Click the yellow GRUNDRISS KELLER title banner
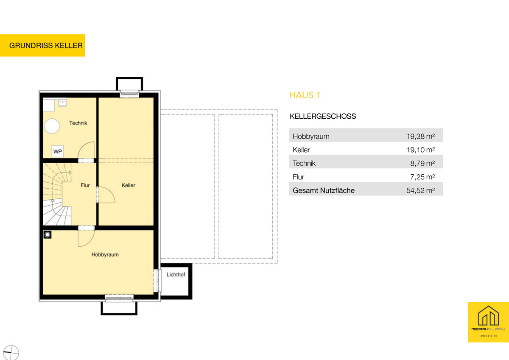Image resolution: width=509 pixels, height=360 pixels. pyautogui.click(x=42, y=45)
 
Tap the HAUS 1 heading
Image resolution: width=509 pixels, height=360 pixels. pyautogui.click(x=305, y=95)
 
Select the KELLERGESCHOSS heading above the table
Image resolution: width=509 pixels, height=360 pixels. pyautogui.click(x=323, y=116)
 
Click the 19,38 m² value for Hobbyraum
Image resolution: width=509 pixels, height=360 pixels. pyautogui.click(x=421, y=136)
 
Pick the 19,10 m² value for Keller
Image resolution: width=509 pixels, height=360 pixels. pyautogui.click(x=421, y=150)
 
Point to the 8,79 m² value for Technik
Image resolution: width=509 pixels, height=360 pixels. pyautogui.click(x=422, y=163)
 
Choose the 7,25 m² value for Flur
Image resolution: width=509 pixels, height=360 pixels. pyautogui.click(x=422, y=177)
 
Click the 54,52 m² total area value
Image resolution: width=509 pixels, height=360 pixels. pyautogui.click(x=421, y=190)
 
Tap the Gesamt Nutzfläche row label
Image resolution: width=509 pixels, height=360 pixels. pyautogui.click(x=324, y=190)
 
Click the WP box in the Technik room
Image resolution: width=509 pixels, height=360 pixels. pyautogui.click(x=58, y=151)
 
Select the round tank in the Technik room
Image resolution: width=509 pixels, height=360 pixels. pyautogui.click(x=52, y=126)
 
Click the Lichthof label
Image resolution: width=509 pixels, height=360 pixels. pyautogui.click(x=176, y=275)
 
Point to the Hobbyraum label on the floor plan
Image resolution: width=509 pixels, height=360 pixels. pyautogui.click(x=105, y=254)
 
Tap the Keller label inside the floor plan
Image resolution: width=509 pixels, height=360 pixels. pyautogui.click(x=129, y=185)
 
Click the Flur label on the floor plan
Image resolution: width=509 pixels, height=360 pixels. pyautogui.click(x=85, y=185)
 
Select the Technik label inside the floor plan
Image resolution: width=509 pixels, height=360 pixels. pyautogui.click(x=78, y=123)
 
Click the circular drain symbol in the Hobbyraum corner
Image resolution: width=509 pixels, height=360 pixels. pyautogui.click(x=47, y=234)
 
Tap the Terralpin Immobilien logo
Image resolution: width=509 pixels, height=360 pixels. pyautogui.click(x=488, y=322)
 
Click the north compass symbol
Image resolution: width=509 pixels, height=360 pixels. pyautogui.click(x=11, y=352)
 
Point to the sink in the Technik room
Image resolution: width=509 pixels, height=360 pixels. pyautogui.click(x=62, y=103)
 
